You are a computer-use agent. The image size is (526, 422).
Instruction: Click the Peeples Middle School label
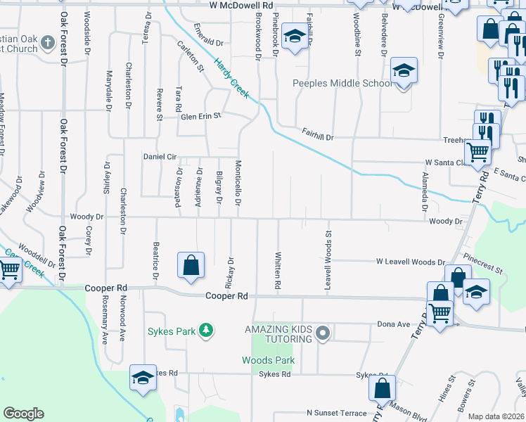click(342, 83)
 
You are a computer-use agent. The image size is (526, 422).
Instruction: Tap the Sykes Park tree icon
click(205, 330)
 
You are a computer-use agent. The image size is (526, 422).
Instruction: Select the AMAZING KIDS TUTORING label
click(278, 334)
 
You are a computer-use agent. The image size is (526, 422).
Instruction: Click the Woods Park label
click(268, 360)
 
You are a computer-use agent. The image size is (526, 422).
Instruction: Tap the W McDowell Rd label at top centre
click(240, 5)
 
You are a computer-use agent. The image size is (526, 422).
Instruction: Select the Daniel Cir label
click(158, 156)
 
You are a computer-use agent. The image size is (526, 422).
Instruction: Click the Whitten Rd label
click(278, 271)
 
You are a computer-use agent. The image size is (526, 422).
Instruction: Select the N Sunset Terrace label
click(336, 413)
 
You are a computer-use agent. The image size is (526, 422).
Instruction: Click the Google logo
click(23, 414)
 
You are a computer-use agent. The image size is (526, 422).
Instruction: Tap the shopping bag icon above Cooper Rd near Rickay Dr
click(191, 265)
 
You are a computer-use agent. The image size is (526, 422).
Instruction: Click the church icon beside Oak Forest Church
click(48, 42)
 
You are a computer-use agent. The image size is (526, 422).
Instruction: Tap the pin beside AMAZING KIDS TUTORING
click(323, 332)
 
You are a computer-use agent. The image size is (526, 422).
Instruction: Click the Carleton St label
click(191, 57)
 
